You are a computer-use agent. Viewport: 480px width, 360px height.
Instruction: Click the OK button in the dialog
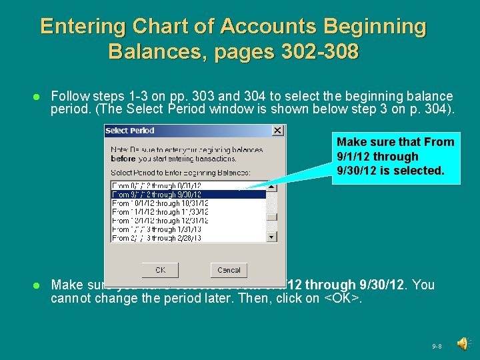pos(160,270)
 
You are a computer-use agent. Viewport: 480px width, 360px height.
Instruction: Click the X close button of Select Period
pos(278,131)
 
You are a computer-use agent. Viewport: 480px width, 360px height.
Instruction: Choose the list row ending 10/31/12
pos(160,203)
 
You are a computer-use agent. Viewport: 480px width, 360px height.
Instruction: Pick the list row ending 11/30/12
pos(160,211)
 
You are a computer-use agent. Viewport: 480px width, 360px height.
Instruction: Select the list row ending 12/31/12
pos(160,220)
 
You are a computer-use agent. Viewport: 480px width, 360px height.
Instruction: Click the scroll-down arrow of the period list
pos(271,237)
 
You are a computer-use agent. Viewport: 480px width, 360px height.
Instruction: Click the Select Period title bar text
pos(130,131)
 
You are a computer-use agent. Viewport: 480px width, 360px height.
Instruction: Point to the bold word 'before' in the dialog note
pos(123,159)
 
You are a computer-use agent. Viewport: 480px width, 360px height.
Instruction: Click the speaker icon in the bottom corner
pos(463,343)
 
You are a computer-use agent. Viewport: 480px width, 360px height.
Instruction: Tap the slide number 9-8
pos(437,347)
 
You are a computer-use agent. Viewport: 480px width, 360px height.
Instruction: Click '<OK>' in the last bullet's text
pos(342,299)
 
